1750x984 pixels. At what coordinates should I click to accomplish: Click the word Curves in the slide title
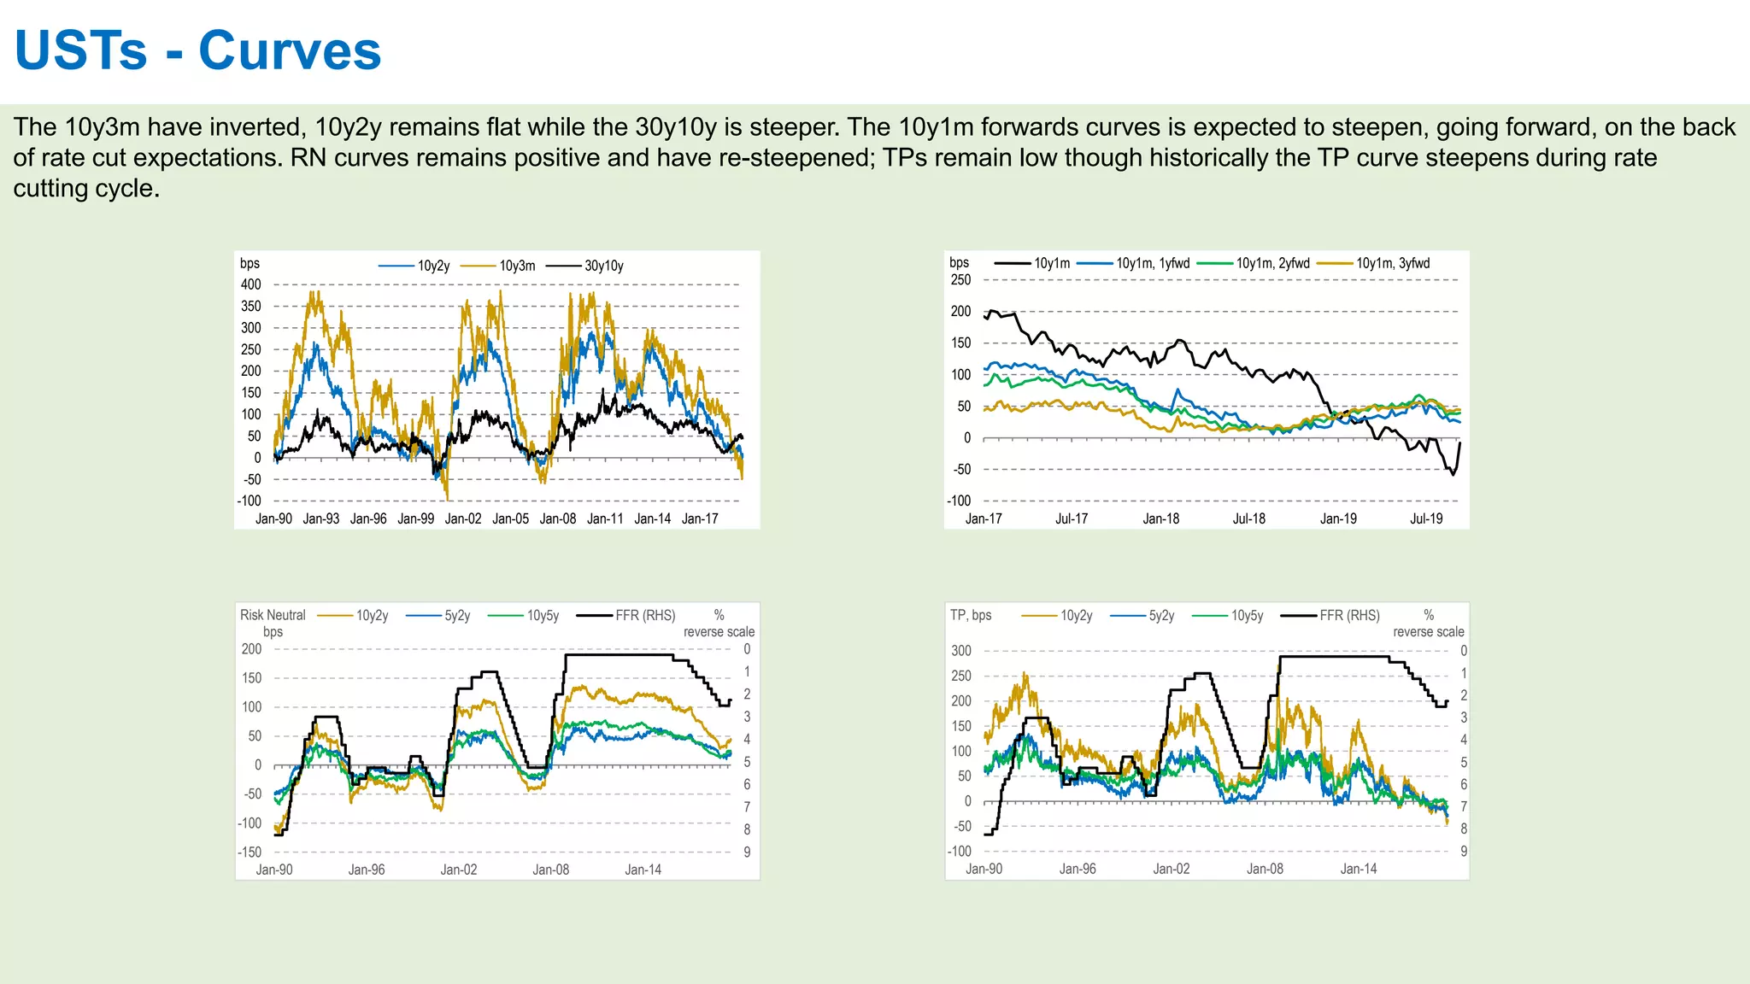tap(290, 51)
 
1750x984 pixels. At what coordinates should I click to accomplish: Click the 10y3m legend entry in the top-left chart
tap(517, 266)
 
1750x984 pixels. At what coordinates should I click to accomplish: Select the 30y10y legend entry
tap(603, 266)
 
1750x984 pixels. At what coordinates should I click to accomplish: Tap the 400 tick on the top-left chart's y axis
tap(250, 284)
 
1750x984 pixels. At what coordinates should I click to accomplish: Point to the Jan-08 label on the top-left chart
tap(558, 518)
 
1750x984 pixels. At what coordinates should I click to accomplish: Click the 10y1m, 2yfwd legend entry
tap(1272, 263)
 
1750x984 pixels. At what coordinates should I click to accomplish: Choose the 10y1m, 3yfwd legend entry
tap(1392, 263)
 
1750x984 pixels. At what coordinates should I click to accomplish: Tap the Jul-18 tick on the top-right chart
tap(1248, 518)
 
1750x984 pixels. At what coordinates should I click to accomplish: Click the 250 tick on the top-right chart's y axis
tap(960, 279)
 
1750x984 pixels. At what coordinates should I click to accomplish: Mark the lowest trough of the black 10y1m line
tap(1453, 474)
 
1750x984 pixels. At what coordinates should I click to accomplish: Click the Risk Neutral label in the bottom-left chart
tap(273, 615)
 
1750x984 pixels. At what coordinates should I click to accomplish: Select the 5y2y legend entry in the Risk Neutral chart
tap(457, 615)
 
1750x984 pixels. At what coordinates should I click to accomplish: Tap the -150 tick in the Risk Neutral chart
tap(250, 852)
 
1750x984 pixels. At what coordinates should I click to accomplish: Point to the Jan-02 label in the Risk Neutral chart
tap(459, 870)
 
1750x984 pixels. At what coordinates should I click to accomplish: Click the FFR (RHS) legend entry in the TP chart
tap(1349, 615)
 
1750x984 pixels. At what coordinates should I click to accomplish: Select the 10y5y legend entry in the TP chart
tap(1247, 615)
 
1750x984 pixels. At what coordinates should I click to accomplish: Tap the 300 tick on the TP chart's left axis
tap(961, 651)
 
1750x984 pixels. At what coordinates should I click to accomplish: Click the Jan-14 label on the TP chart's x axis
tap(1359, 869)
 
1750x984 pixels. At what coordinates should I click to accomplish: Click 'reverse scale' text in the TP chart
tap(1428, 632)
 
